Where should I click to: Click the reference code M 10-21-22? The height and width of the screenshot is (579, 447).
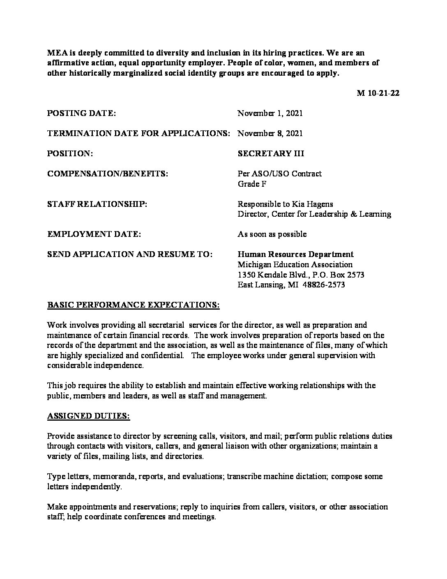click(x=378, y=93)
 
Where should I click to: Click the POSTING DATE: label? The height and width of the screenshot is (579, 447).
click(x=81, y=113)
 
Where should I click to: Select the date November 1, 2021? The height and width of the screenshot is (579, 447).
click(x=270, y=113)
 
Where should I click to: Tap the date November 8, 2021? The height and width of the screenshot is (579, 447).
click(x=270, y=133)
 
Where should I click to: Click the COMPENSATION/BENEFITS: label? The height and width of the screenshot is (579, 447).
click(x=108, y=174)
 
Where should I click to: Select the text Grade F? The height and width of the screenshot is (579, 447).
click(x=252, y=183)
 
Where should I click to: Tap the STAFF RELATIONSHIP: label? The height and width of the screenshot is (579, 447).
click(x=97, y=204)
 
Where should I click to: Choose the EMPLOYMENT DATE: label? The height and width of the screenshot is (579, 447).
click(x=94, y=234)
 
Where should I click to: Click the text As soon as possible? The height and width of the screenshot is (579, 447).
click(x=272, y=234)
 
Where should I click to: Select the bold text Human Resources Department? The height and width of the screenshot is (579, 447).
click(x=295, y=254)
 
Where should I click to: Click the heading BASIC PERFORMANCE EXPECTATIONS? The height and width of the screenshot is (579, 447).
click(x=134, y=305)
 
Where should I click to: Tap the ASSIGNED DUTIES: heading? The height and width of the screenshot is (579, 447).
click(x=88, y=416)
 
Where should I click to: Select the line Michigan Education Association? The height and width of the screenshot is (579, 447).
click(x=295, y=264)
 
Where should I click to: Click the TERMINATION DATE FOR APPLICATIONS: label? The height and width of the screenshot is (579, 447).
click(x=138, y=133)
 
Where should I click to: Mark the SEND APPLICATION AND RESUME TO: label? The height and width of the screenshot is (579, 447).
click(x=130, y=254)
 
